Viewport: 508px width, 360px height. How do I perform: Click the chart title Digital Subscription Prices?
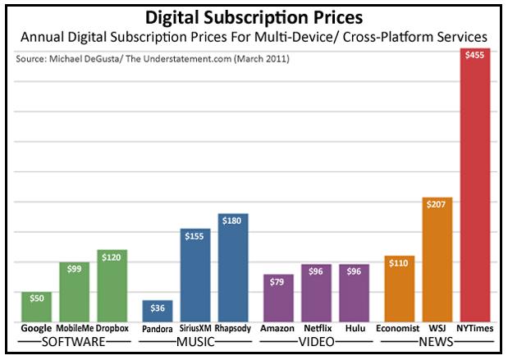254,17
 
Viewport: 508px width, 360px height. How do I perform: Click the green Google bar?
37,307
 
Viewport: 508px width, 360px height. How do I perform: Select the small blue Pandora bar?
157,311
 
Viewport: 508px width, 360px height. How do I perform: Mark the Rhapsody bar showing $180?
233,267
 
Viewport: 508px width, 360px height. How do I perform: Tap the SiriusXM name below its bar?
195,328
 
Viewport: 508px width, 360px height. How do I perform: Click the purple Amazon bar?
278,298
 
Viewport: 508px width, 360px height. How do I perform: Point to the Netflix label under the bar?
316,328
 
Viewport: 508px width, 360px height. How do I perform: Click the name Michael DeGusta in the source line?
88,60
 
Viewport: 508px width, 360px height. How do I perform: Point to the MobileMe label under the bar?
75,328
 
